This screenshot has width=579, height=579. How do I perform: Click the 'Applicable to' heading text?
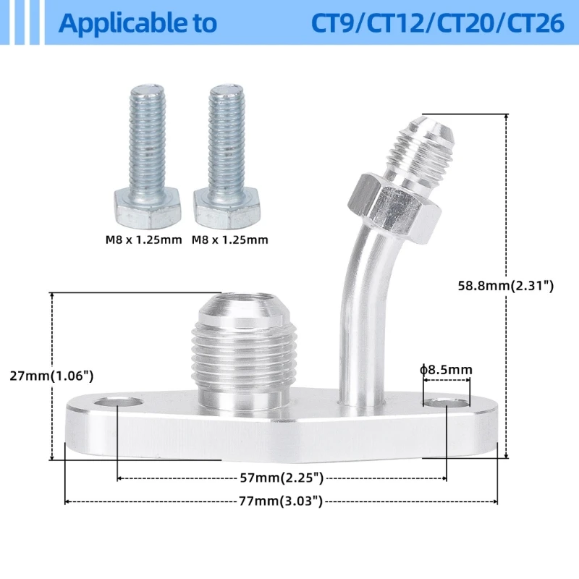138,23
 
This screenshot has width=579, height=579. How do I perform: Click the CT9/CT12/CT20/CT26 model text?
437,23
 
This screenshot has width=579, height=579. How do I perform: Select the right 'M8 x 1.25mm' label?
229,240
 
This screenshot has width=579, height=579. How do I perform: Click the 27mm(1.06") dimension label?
51,376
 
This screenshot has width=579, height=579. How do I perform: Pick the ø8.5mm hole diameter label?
446,370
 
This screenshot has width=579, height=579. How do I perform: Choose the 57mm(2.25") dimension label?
282,478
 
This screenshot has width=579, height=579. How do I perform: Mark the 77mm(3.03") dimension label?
282,501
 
